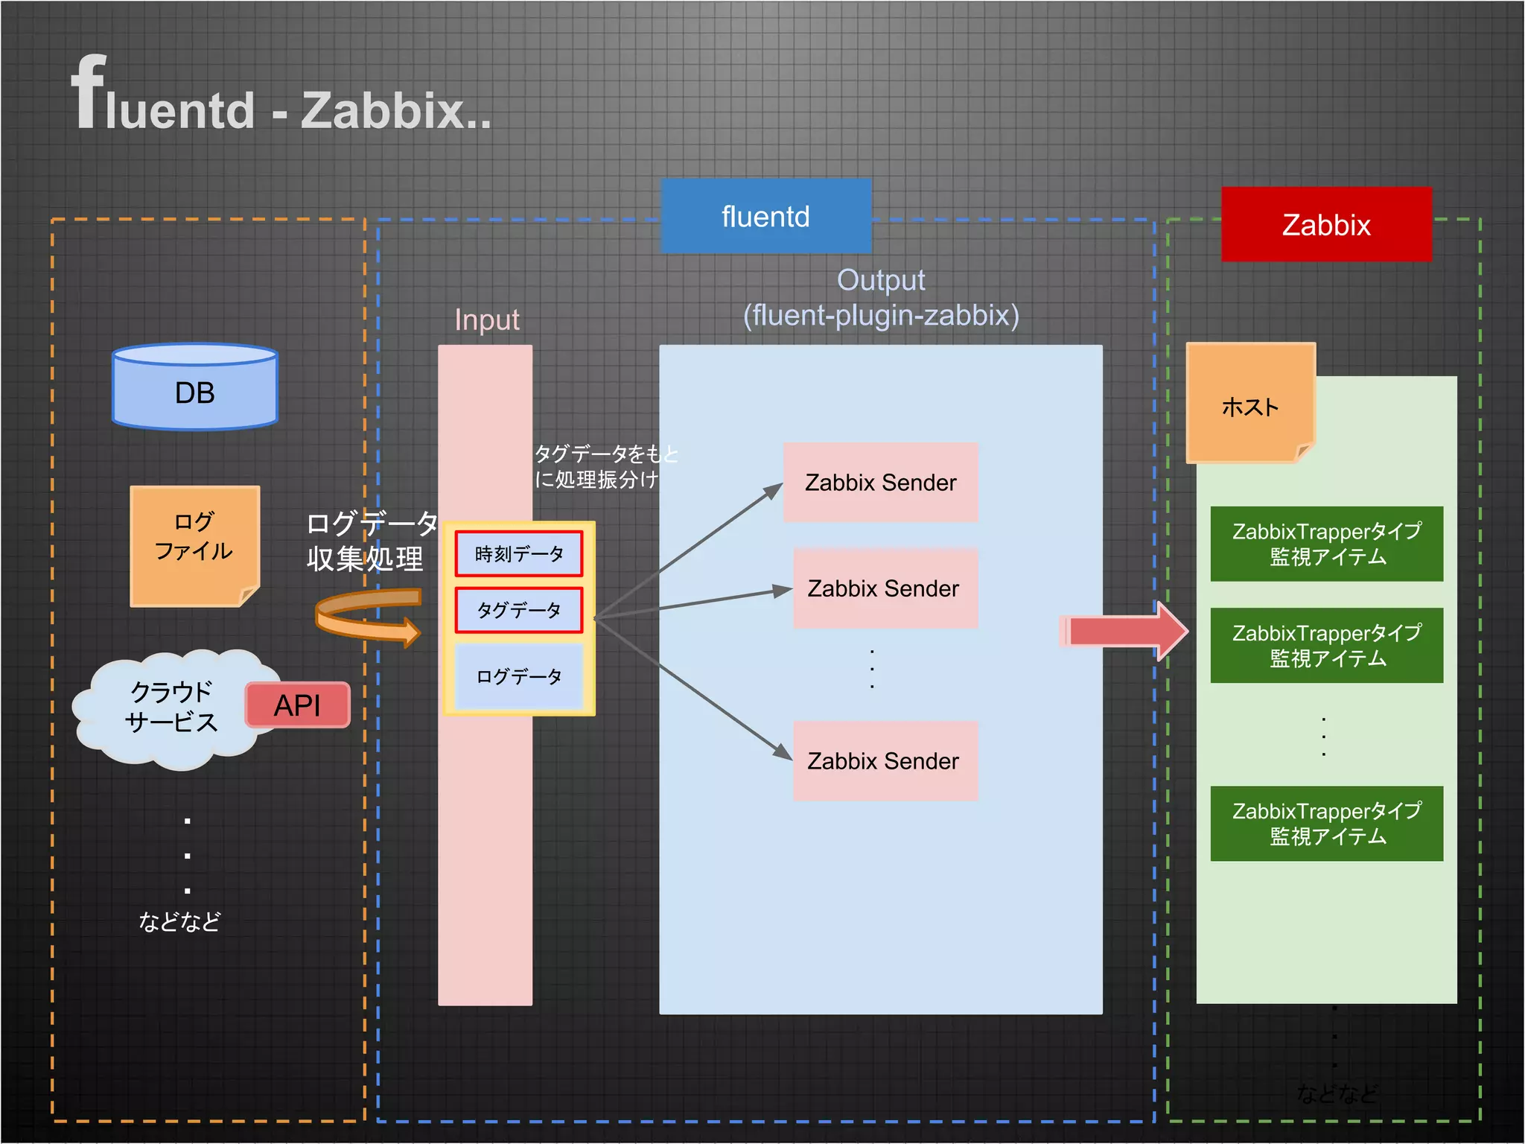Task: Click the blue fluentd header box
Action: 765,216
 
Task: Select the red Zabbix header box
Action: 1325,224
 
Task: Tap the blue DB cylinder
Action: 195,387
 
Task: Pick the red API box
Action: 297,705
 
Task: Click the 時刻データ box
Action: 519,554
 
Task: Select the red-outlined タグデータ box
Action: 519,610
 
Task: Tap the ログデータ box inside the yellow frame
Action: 519,676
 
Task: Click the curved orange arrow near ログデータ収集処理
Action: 366,617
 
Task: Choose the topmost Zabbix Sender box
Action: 880,482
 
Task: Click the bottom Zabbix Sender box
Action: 884,760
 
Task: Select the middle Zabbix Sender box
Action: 884,588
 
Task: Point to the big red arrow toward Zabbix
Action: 1124,632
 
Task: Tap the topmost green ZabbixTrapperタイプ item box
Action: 1326,544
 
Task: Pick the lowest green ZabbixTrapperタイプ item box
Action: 1326,823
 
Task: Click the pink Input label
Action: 487,320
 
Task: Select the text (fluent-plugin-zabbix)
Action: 881,315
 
